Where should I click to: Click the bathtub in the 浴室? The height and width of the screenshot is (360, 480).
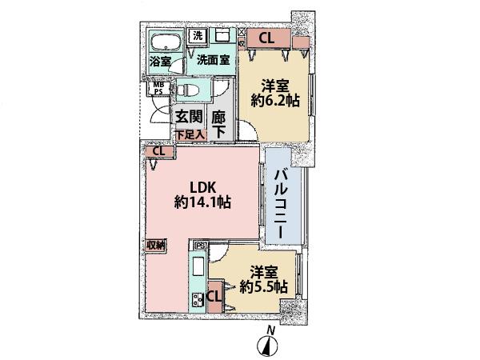(x=166, y=42)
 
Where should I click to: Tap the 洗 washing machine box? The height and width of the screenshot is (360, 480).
(x=197, y=36)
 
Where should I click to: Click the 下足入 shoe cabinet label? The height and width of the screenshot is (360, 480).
(x=191, y=134)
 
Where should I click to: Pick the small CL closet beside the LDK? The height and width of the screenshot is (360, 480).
(x=158, y=150)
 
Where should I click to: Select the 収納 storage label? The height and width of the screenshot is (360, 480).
(x=155, y=245)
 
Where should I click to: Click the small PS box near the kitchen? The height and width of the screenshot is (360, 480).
(x=200, y=246)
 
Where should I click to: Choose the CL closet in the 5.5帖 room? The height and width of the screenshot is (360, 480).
(x=214, y=297)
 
